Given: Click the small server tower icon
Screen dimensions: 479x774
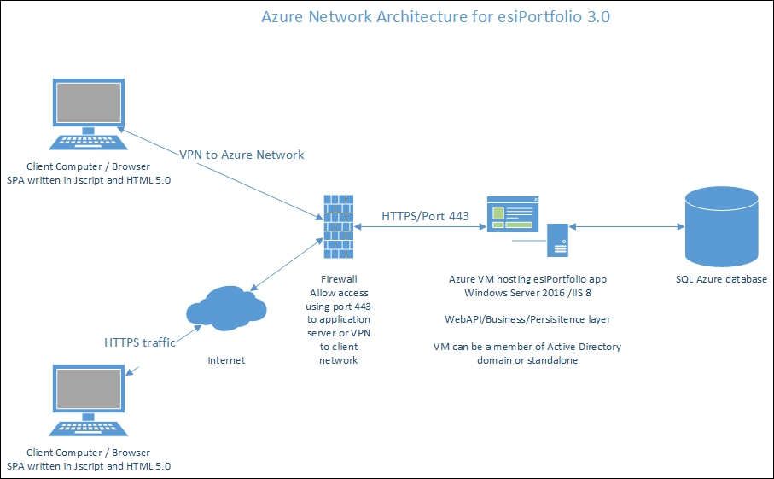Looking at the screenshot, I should coord(559,240).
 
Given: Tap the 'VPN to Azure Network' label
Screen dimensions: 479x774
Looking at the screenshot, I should coord(242,155).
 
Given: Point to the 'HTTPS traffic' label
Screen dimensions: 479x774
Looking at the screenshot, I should coord(140,342).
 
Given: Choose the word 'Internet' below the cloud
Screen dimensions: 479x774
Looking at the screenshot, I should coord(226,360).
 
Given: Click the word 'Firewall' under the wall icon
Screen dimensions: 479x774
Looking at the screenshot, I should coord(339,279).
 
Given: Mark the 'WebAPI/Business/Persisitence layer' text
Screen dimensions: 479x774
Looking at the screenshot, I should coord(527,319).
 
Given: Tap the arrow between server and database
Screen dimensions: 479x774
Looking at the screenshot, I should coord(627,228).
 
